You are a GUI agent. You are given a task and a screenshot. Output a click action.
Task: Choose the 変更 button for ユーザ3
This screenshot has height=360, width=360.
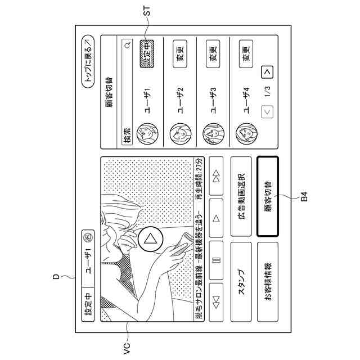click(212, 56)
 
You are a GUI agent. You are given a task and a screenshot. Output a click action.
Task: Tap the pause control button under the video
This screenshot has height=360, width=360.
click(216, 259)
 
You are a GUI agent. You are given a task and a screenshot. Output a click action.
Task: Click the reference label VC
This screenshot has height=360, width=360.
click(127, 344)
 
